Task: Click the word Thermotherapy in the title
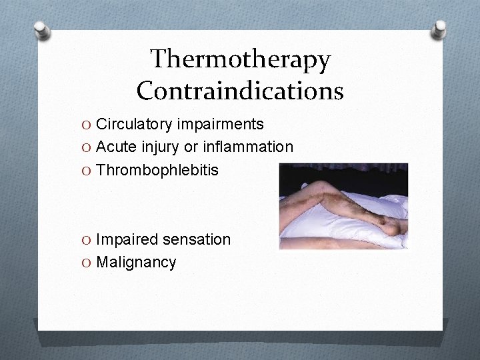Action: tap(240, 60)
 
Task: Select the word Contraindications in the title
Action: tap(240, 90)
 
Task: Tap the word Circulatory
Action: tap(135, 125)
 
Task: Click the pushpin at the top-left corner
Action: tap(41, 30)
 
